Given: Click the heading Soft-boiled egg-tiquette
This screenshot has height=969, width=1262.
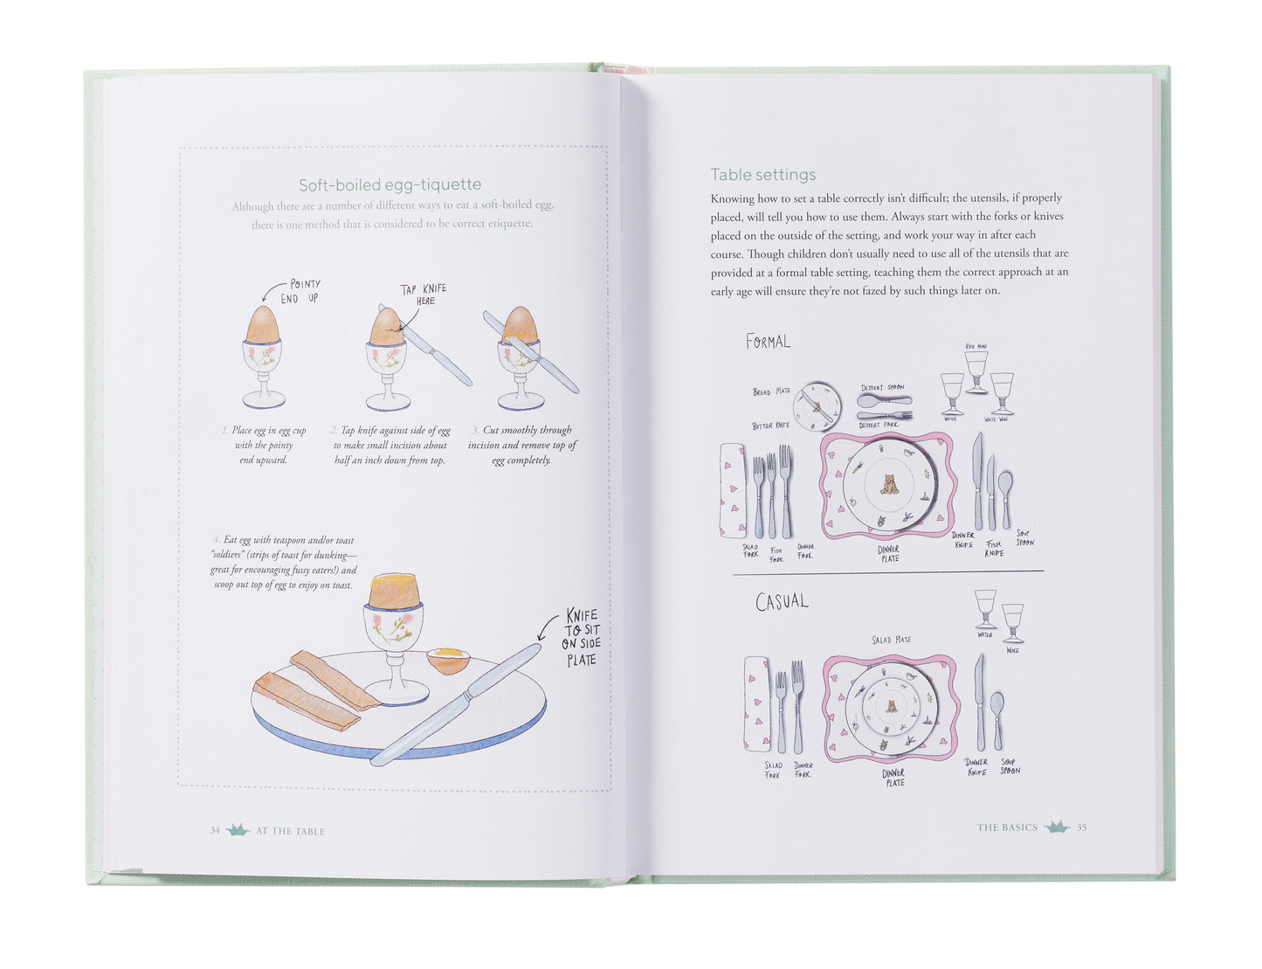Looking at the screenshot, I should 390,184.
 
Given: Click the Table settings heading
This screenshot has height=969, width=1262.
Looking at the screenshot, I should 762,174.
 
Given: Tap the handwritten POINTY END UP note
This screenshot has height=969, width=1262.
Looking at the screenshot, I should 300,291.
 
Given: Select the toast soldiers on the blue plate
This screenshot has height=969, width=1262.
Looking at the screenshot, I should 314,690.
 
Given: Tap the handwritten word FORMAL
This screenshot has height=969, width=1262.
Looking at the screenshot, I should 768,342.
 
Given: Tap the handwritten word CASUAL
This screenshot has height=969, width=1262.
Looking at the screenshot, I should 782,602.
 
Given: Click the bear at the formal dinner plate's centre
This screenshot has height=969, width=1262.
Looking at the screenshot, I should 889,483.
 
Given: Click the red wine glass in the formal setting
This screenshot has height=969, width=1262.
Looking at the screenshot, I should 976,370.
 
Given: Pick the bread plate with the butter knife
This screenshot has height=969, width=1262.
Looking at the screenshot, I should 817,406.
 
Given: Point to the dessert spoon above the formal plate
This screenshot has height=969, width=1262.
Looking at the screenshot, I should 883,401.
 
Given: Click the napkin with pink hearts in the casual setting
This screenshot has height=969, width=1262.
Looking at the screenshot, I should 757,704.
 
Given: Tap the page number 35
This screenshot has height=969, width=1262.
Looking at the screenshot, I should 1081,827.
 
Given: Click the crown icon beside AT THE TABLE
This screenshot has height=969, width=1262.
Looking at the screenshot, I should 238,830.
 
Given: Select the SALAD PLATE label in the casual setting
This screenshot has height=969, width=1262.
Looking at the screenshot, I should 891,640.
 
